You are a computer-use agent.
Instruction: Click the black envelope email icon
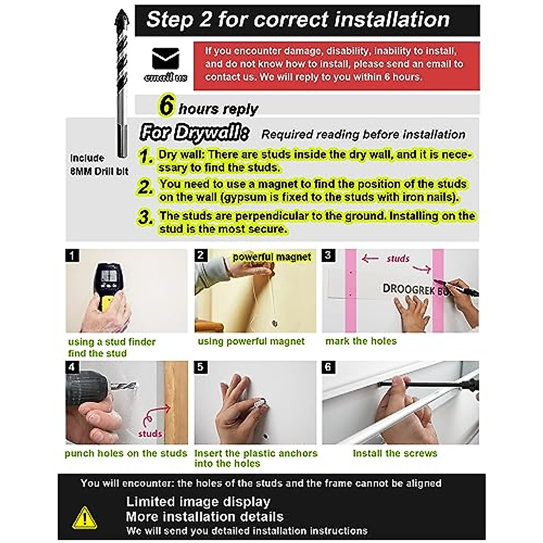tap(166, 58)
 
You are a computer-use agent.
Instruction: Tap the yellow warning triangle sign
tap(85, 518)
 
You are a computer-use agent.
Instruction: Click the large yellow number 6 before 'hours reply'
tap(167, 105)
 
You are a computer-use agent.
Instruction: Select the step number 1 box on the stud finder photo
tap(72, 255)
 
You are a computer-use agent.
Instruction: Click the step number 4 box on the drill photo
tap(72, 367)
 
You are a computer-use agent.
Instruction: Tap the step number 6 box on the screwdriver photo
tap(329, 367)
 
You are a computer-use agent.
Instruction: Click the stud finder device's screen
tap(109, 275)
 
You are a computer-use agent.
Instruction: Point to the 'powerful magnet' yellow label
tap(271, 257)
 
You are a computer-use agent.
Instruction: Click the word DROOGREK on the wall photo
tap(409, 289)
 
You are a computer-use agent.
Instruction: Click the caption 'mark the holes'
tap(361, 341)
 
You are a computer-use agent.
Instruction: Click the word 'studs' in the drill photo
tap(150, 433)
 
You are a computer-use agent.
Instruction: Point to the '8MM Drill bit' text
tap(99, 171)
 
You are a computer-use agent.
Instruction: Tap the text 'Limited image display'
tap(198, 502)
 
